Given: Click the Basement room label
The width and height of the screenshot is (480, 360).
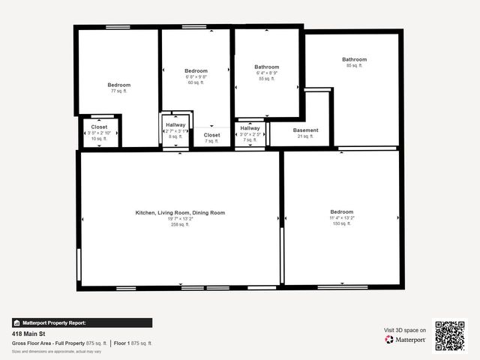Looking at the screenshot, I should (x=306, y=130).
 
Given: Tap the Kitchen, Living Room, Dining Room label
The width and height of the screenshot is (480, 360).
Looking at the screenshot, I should (x=180, y=212).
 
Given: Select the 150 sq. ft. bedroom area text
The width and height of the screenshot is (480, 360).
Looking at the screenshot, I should (x=341, y=223).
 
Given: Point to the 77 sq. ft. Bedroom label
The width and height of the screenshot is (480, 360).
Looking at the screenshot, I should (x=118, y=85).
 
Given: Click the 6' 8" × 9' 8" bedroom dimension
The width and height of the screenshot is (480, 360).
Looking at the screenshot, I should (x=196, y=76).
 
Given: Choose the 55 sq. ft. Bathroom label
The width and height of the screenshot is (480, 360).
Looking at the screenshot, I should (x=267, y=67).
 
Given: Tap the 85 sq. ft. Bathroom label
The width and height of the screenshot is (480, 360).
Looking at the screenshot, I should (x=354, y=59).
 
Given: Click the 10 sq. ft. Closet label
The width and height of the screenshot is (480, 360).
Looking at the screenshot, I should (x=100, y=127).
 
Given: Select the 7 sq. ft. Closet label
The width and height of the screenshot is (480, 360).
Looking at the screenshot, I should (x=212, y=135).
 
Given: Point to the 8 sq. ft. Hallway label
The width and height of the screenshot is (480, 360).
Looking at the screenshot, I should (x=175, y=124).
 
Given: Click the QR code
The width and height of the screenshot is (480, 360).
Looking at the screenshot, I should (x=450, y=336).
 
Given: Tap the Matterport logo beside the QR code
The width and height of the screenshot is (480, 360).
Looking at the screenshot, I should (x=406, y=340).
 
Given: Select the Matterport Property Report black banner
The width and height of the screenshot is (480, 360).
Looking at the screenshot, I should (x=82, y=322).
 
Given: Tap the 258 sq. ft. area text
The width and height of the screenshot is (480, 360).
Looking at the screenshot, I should (x=180, y=224).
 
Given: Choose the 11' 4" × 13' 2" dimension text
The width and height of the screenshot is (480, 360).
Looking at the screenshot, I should (x=341, y=217).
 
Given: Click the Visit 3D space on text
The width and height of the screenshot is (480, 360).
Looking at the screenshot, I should (x=405, y=330).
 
